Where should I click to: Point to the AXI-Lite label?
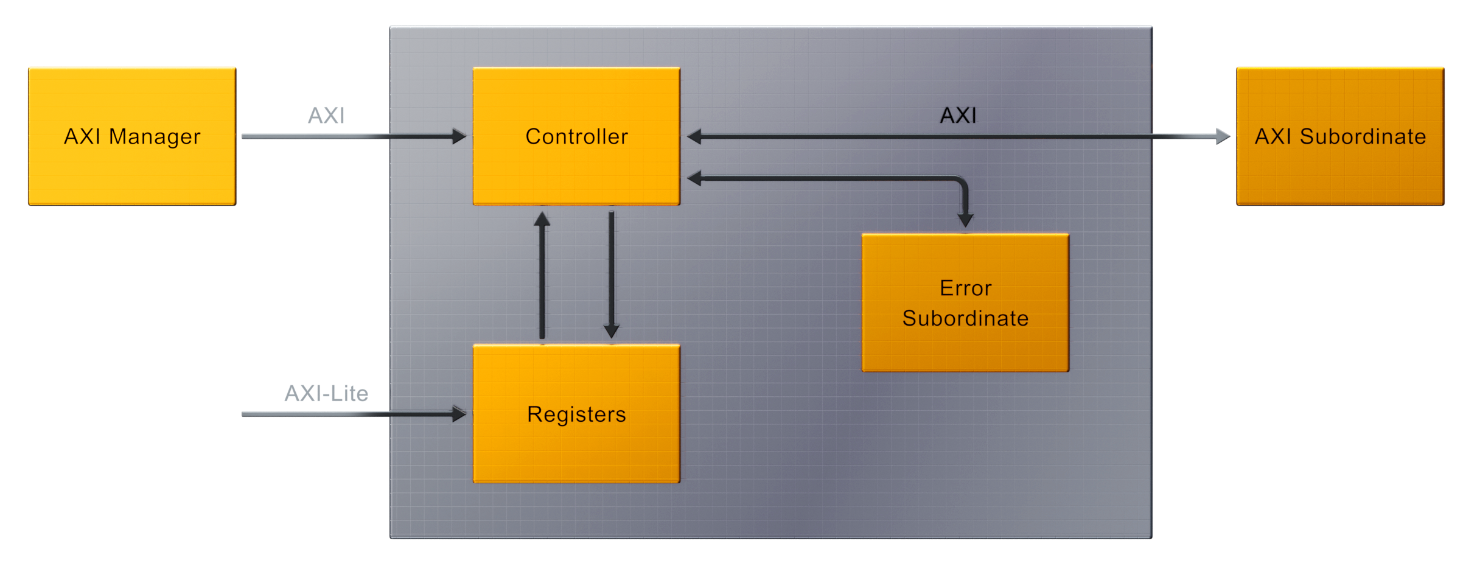[x=326, y=394]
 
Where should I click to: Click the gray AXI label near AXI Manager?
[x=326, y=116]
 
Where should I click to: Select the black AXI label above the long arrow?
[x=958, y=116]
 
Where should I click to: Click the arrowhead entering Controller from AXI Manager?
[x=459, y=136]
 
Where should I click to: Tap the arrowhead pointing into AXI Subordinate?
[x=1223, y=136]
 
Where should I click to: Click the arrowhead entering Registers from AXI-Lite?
[x=459, y=414]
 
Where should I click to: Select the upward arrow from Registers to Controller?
[x=542, y=274]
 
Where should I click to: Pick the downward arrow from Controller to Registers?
[x=611, y=274]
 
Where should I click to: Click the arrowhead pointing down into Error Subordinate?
[x=965, y=220]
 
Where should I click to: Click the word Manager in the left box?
[x=155, y=137]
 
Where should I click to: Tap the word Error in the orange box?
[x=965, y=288]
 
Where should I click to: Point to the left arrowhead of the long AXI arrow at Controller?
[x=694, y=136]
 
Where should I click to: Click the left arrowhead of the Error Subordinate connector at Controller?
[x=694, y=178]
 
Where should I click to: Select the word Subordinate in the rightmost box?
[x=1363, y=136]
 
